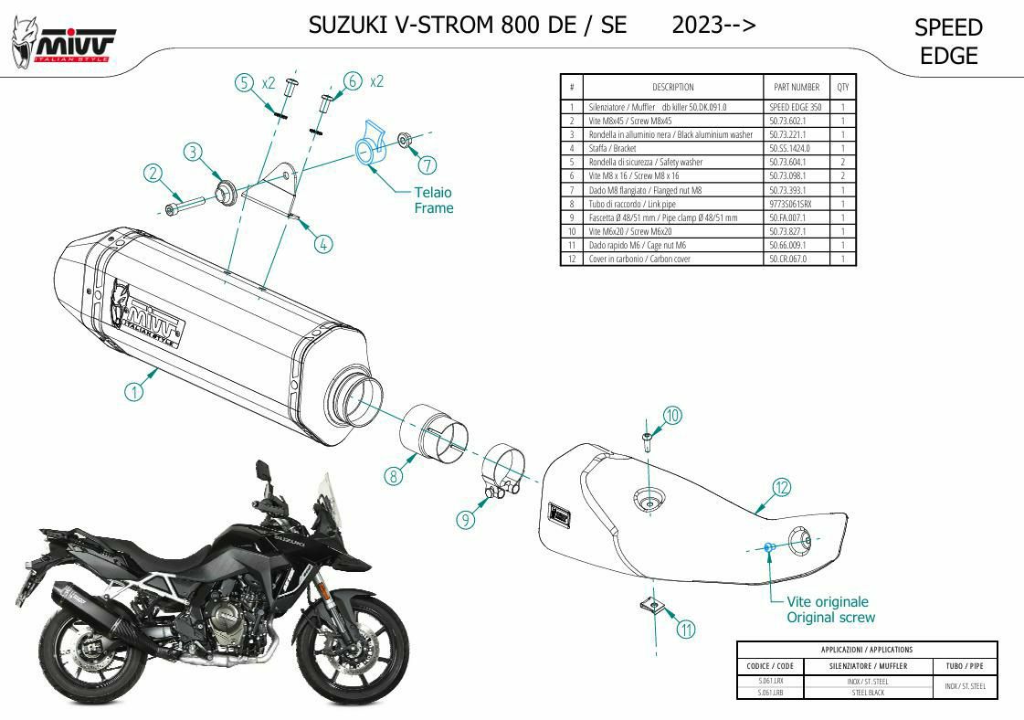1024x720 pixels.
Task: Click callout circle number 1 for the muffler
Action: coord(134,392)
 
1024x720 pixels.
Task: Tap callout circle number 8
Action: coord(394,475)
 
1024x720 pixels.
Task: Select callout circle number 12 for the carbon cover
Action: coord(781,487)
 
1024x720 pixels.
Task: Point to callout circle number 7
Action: coord(427,165)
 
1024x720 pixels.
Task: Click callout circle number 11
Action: coord(686,629)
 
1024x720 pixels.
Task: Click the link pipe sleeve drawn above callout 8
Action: coord(433,429)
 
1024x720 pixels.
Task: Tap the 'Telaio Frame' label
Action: coord(433,200)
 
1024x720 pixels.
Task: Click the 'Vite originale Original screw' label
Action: coord(830,609)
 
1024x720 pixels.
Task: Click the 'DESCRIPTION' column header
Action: coord(673,87)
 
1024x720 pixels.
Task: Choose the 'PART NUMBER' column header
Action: coord(797,87)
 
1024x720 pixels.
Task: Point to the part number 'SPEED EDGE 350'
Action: coord(796,107)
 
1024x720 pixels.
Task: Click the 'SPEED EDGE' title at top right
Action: coord(948,42)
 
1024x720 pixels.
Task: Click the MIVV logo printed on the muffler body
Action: coord(149,313)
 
